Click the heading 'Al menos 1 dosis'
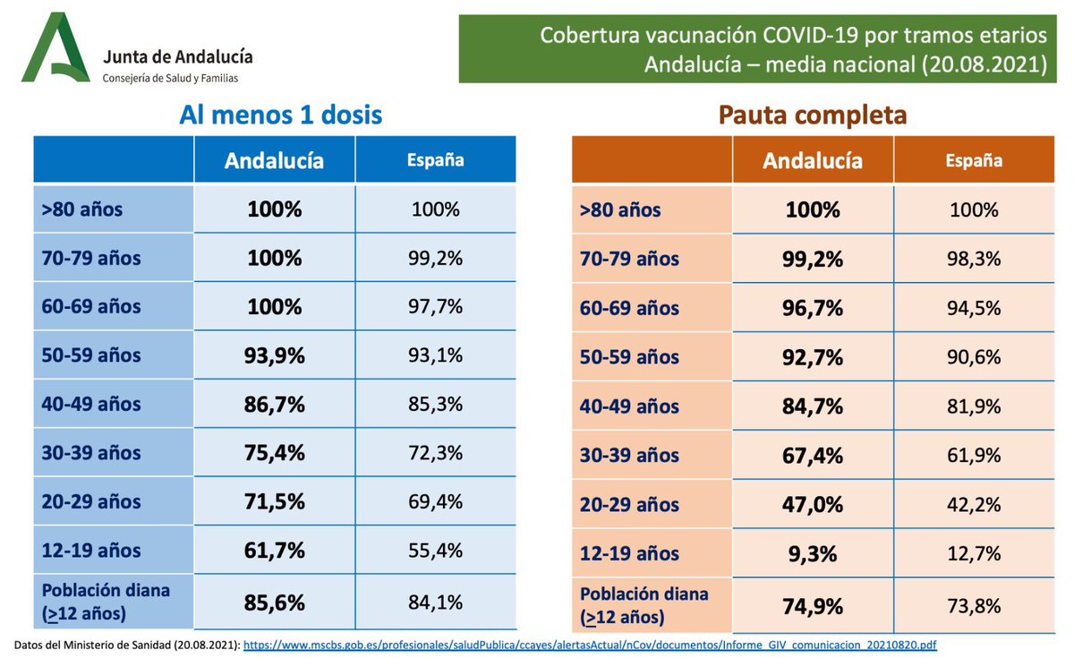pyautogui.click(x=280, y=115)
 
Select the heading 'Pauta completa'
pyautogui.click(x=812, y=115)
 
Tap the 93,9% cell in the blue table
pyautogui.click(x=275, y=355)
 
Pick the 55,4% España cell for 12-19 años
pyautogui.click(x=436, y=550)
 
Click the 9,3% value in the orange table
pyautogui.click(x=813, y=553)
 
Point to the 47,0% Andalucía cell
pyautogui.click(x=813, y=504)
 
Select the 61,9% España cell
pyautogui.click(x=975, y=456)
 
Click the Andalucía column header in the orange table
pyautogui.click(x=813, y=161)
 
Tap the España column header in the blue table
pyautogui.click(x=436, y=160)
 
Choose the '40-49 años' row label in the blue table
pyautogui.click(x=91, y=404)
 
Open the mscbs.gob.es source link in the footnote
pyautogui.click(x=590, y=645)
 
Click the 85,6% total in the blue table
pyautogui.click(x=275, y=602)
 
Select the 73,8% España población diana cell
pyautogui.click(x=975, y=605)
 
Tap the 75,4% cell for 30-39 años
pyautogui.click(x=275, y=452)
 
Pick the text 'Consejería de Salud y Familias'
pyautogui.click(x=171, y=79)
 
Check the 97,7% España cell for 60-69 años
pyautogui.click(x=436, y=306)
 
